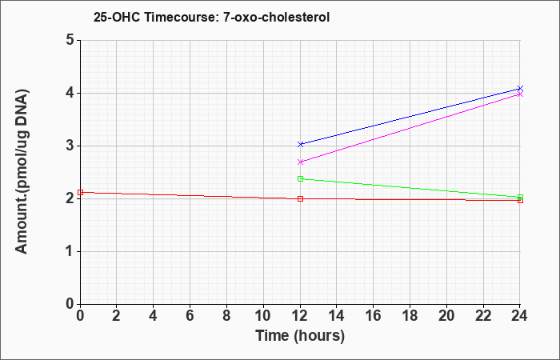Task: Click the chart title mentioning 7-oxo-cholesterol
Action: click(x=211, y=17)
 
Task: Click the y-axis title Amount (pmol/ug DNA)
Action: click(x=22, y=171)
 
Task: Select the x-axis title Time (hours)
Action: click(x=300, y=336)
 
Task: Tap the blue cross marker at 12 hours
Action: click(x=300, y=144)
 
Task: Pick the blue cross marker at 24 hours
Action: click(x=520, y=88)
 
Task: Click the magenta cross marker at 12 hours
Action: click(x=300, y=162)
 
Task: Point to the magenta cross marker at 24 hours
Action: click(x=520, y=94)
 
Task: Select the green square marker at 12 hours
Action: click(x=300, y=178)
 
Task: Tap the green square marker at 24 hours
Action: click(x=520, y=197)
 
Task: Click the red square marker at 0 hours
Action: click(x=80, y=192)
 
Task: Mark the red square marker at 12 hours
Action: click(x=300, y=198)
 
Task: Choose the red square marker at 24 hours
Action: click(x=520, y=200)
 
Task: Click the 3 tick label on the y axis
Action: click(x=70, y=146)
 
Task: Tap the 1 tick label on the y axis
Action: click(x=70, y=251)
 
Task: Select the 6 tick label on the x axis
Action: click(x=190, y=316)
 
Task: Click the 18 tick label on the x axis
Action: click(x=410, y=316)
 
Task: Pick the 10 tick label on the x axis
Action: click(x=263, y=316)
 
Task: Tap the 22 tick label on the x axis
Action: click(x=483, y=316)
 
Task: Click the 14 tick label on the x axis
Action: click(x=337, y=316)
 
